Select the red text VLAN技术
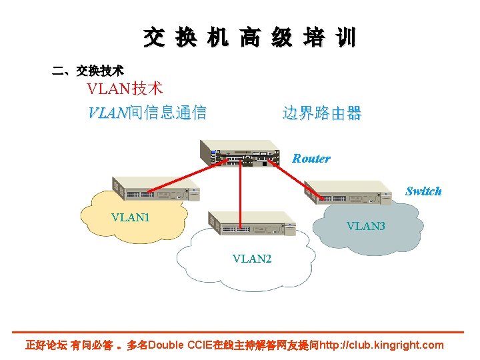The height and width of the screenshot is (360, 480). pyautogui.click(x=125, y=88)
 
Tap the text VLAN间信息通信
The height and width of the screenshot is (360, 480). pyautogui.click(x=147, y=113)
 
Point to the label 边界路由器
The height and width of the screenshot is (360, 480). pyautogui.click(x=321, y=113)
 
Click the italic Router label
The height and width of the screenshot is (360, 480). pyautogui.click(x=311, y=159)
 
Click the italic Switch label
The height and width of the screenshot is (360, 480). pyautogui.click(x=423, y=191)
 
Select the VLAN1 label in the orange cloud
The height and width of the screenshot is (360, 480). pyautogui.click(x=131, y=217)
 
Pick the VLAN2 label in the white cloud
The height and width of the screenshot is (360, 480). pyautogui.click(x=251, y=259)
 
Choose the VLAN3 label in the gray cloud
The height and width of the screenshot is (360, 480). pyautogui.click(x=365, y=227)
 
